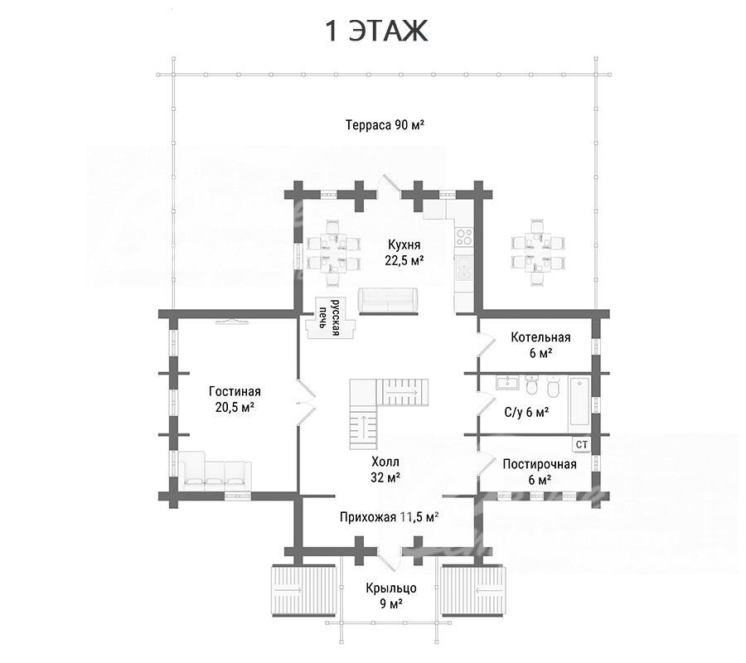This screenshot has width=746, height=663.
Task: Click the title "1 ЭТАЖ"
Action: tap(375, 31)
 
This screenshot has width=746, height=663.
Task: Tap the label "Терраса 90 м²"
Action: tap(385, 125)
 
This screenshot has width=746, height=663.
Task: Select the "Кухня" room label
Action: tap(404, 244)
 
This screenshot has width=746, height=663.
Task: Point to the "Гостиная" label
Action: tap(235, 391)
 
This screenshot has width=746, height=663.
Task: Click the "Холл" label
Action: tap(385, 462)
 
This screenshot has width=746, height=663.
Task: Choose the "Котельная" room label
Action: tap(540, 337)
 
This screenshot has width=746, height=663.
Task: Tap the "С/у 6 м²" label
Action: tap(526, 412)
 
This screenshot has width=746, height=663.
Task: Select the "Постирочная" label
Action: tap(540, 464)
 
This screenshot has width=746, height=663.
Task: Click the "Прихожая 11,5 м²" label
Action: tap(389, 517)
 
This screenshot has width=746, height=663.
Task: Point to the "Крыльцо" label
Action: tap(391, 588)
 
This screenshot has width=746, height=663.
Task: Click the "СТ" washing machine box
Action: tap(581, 445)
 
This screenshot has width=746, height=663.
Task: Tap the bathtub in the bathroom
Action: tap(579, 404)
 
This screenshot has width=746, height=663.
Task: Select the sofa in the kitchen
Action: tap(388, 301)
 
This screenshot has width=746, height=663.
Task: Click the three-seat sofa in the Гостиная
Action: tap(215, 471)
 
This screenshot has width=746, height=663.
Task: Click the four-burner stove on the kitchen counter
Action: tap(464, 236)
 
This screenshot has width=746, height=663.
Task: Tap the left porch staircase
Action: tap(289, 590)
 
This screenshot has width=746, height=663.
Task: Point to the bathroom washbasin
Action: tap(507, 382)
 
